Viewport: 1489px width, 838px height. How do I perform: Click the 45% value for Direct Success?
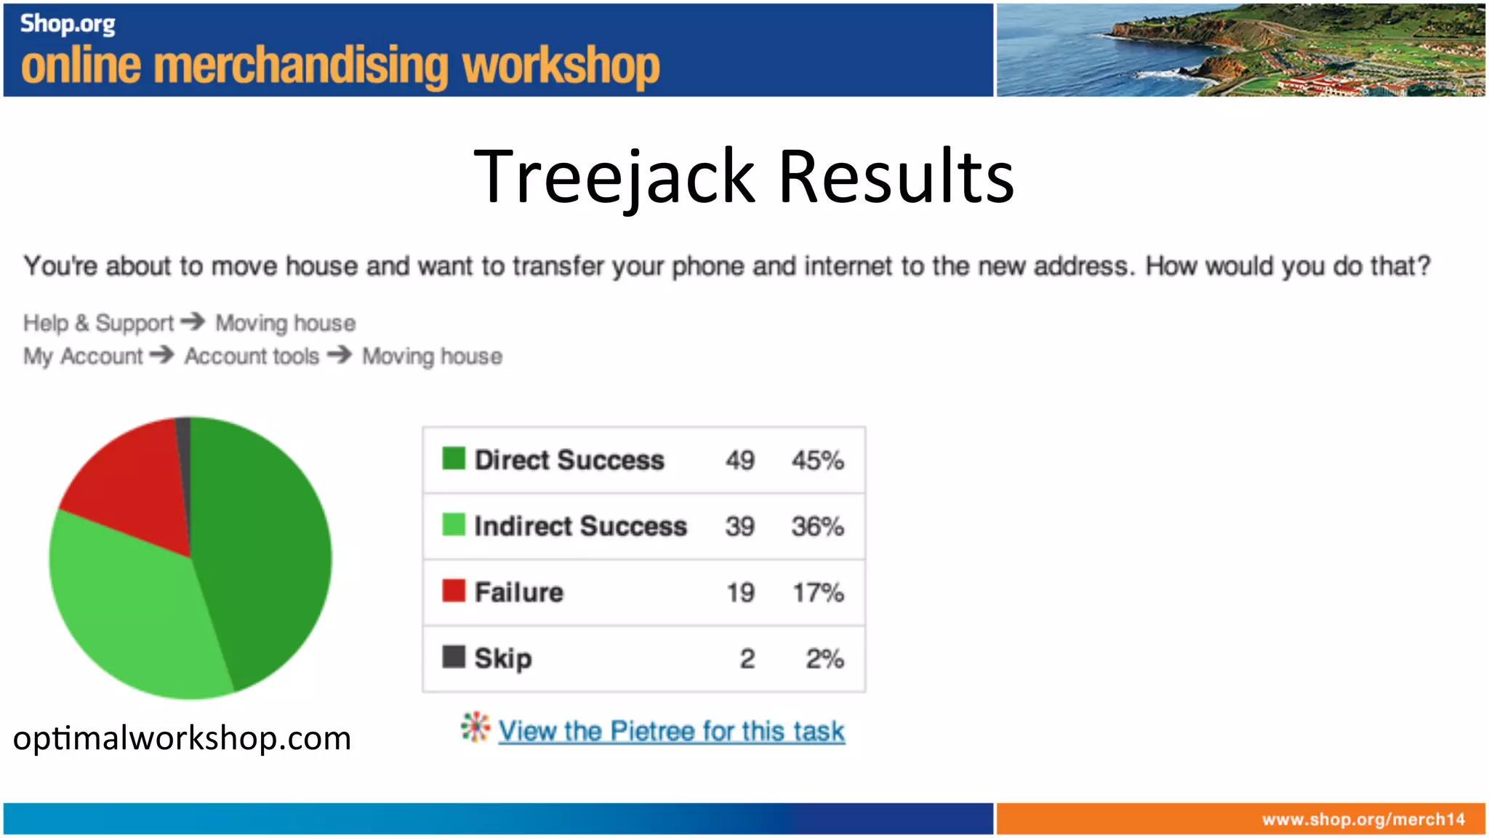pos(817,460)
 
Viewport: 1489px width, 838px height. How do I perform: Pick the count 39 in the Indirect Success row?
pos(739,527)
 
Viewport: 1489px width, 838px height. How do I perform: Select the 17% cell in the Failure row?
pos(818,593)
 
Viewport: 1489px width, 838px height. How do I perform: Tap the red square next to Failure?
pos(454,591)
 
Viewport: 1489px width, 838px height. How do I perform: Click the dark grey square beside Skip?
pos(454,657)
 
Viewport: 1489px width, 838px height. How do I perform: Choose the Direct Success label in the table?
pos(569,460)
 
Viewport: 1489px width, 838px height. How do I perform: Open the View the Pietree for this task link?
pos(671,731)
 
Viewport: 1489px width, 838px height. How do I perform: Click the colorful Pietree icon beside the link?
pos(475,727)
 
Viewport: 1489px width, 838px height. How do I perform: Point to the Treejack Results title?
pos(744,176)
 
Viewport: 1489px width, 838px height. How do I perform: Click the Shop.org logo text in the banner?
pos(68,24)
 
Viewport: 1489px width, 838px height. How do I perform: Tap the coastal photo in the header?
pos(1240,49)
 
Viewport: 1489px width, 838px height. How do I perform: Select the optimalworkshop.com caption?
pos(182,738)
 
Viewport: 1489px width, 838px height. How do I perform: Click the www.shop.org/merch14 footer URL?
pos(1363,820)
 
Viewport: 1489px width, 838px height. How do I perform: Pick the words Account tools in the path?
pos(252,356)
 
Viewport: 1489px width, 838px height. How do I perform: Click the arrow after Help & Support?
pos(193,322)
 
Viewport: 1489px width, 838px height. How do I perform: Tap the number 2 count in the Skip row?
pos(747,659)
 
